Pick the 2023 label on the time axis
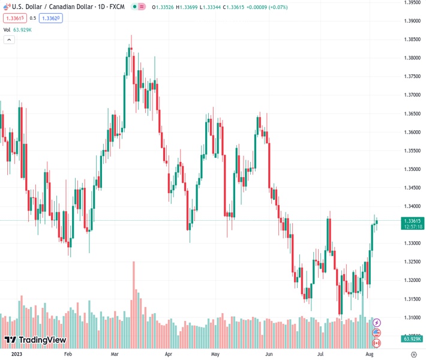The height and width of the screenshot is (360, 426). click(x=12, y=354)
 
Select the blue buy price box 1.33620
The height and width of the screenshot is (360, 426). click(x=50, y=18)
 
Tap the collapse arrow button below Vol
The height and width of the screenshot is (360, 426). click(x=9, y=40)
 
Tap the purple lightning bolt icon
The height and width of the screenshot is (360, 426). click(x=377, y=323)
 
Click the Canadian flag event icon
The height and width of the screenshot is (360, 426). click(x=377, y=343)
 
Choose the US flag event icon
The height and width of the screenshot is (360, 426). click(x=377, y=333)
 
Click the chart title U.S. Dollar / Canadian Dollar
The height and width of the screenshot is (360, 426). click(x=48, y=7)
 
